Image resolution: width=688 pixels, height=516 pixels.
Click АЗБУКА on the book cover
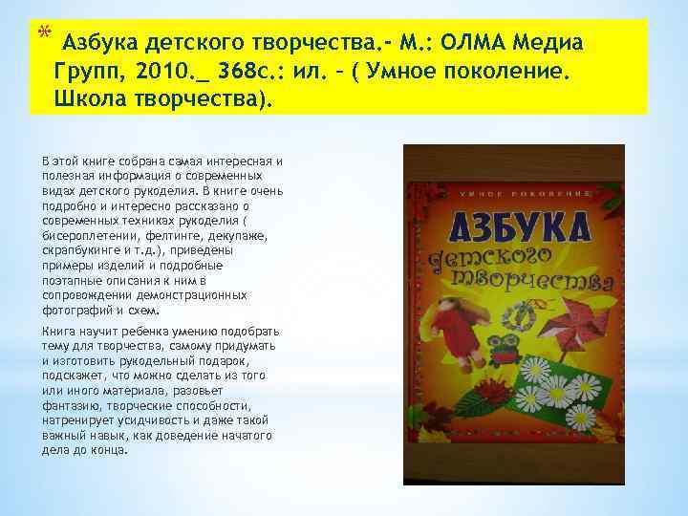pyautogui.click(x=512, y=227)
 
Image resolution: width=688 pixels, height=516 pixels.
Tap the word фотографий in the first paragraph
pyautogui.click(x=68, y=311)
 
